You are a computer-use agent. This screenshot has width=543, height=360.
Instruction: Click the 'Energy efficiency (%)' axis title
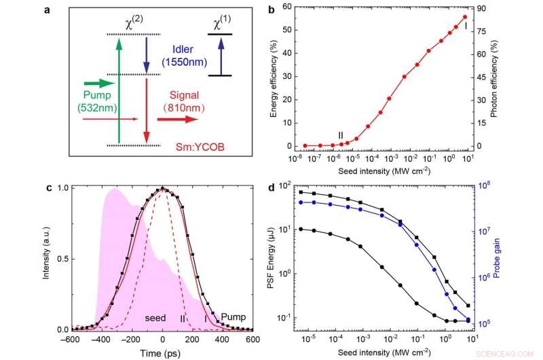coord(274,77)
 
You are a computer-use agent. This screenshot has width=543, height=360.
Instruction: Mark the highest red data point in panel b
coord(465,17)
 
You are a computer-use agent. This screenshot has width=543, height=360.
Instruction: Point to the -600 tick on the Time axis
coord(69,340)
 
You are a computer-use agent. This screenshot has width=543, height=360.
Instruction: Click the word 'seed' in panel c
coord(157,318)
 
